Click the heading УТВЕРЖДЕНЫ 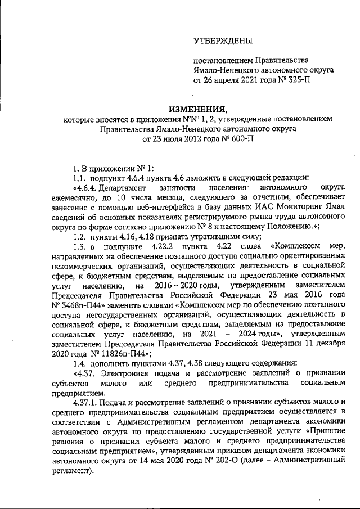pyautogui.click(x=223, y=41)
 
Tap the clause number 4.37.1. pyautogui.click(x=87, y=406)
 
